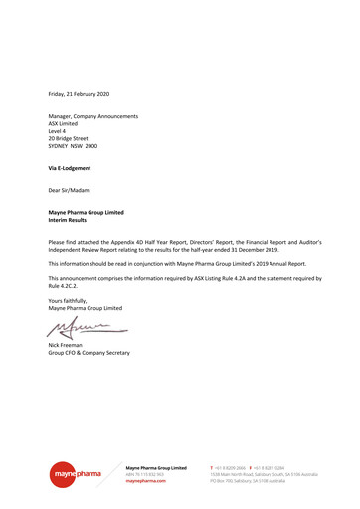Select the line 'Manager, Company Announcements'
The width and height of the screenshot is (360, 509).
pos(93,117)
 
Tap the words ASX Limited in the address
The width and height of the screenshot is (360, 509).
pos(66,124)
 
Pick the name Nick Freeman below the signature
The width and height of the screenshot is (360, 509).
pos(69,346)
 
